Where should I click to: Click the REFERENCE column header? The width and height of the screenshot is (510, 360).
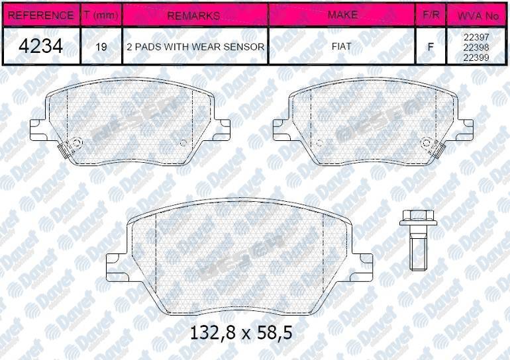tap(40, 15)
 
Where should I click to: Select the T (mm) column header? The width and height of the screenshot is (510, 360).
tap(101, 15)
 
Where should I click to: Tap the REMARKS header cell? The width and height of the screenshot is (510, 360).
tap(195, 15)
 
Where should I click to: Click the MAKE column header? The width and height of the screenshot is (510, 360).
tap(342, 15)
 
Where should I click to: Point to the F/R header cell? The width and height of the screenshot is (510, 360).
tap(431, 15)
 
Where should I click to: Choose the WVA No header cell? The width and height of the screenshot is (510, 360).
tap(478, 15)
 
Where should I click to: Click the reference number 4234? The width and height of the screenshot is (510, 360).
tap(40, 46)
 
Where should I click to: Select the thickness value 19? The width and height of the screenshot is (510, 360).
tap(101, 47)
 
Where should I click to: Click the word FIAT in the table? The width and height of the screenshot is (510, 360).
tap(342, 46)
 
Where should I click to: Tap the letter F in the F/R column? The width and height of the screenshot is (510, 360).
tap(431, 47)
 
